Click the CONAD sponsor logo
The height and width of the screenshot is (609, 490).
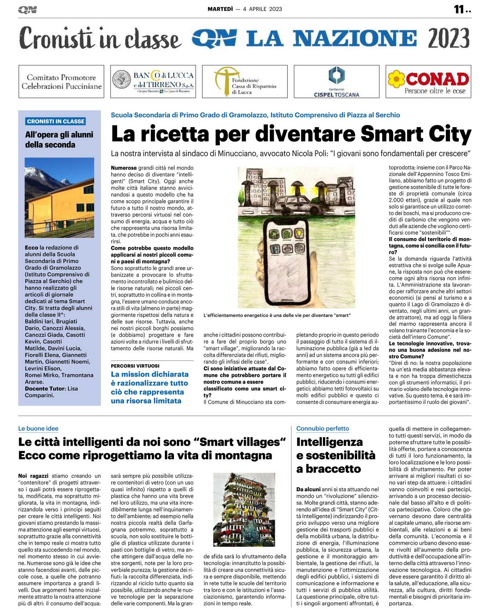[x=428, y=82]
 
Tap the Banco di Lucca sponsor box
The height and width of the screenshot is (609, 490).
[x=153, y=82]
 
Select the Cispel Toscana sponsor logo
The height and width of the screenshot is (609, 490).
[x=336, y=82]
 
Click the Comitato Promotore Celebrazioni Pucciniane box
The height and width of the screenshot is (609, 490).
[x=61, y=82]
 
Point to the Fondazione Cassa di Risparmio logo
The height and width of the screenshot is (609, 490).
[x=245, y=82]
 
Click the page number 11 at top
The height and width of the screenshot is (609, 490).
[x=459, y=9]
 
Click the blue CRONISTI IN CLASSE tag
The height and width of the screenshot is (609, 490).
[x=56, y=121]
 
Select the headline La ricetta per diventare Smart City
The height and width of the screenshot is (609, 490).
[x=291, y=134]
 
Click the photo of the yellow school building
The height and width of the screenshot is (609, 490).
[x=59, y=197]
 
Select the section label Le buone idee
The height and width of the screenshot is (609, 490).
[x=38, y=429]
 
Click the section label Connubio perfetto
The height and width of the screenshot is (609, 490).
[x=323, y=429]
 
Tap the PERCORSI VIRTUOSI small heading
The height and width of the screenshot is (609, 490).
[x=135, y=366]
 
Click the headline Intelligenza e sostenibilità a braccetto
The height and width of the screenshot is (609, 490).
[x=335, y=455]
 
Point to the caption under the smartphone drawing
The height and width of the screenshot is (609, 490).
[x=277, y=315]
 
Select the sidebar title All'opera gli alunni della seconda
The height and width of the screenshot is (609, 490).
[x=59, y=140]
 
